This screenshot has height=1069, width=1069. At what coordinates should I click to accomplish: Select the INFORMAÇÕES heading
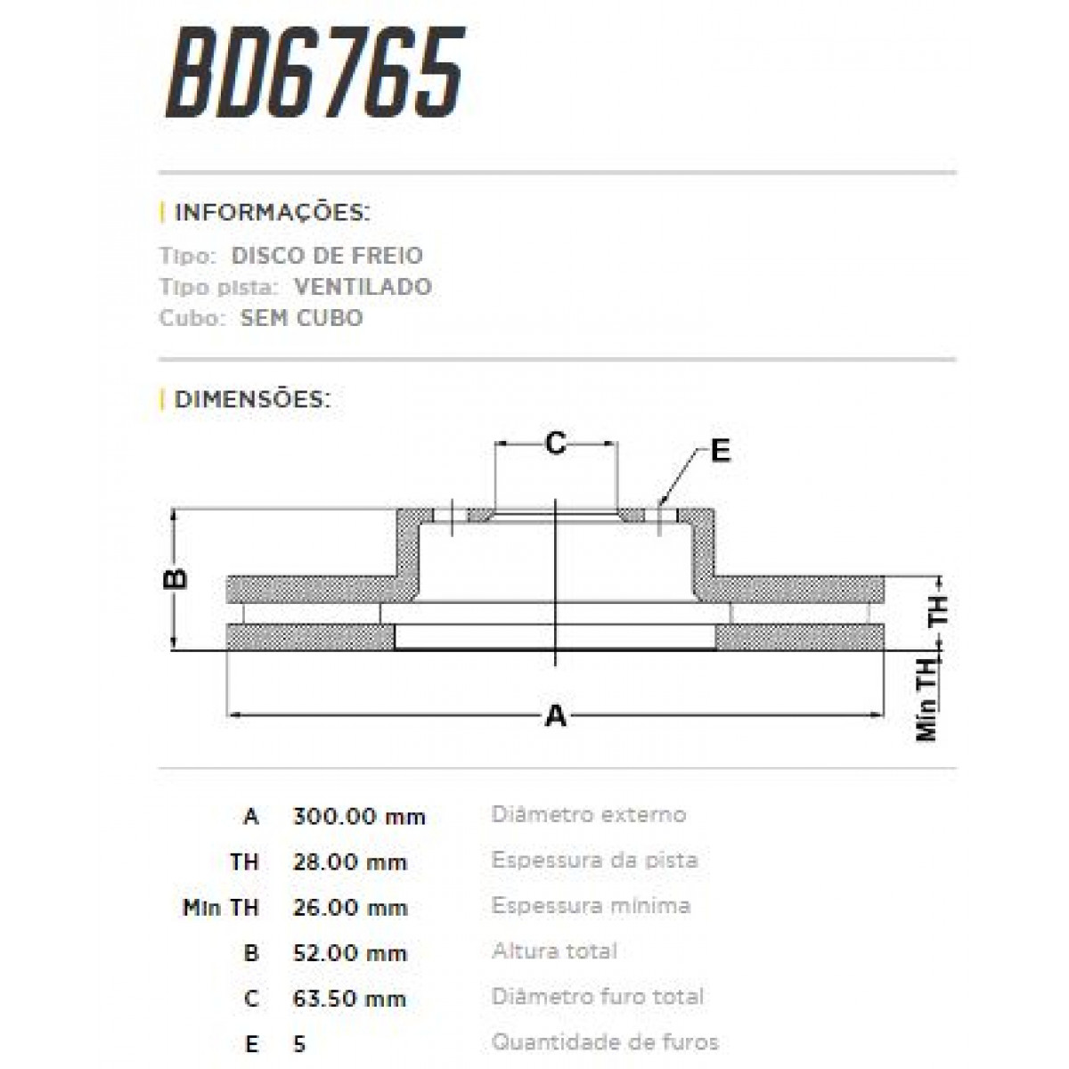coord(272,213)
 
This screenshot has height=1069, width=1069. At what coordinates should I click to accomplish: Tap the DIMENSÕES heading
coord(252,398)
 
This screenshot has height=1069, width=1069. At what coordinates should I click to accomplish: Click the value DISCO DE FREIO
coord(327,256)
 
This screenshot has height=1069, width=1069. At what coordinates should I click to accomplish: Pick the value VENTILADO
coord(362,287)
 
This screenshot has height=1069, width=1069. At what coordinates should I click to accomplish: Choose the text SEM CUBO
coord(301,318)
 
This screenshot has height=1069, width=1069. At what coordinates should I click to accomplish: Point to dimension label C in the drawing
coord(556,443)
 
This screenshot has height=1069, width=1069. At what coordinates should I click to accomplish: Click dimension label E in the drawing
coord(720,451)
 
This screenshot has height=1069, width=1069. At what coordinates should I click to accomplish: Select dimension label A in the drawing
coord(555,715)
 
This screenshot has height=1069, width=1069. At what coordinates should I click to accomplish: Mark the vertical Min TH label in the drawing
coord(928,700)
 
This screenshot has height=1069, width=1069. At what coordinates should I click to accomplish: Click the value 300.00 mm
coord(359,816)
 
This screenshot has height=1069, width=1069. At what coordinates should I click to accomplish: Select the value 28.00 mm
coord(349,861)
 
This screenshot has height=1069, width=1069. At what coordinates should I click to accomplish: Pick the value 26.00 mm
coord(349,907)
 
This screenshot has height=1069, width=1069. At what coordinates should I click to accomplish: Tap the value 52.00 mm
coord(349,952)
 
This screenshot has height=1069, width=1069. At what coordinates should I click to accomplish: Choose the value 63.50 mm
coord(349,998)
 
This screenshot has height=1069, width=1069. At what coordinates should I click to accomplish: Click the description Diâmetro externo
coord(589,814)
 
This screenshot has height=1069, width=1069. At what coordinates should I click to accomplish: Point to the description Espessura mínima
coord(591,906)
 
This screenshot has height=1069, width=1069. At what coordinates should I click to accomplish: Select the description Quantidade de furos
coord(605,1041)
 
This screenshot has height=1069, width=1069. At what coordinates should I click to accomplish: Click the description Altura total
coord(554,951)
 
